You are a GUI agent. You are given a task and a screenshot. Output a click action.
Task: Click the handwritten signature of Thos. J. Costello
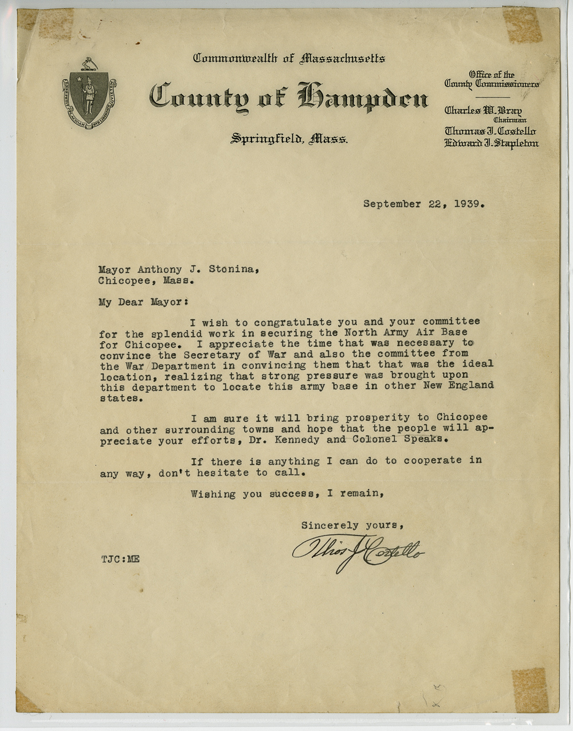click(x=358, y=551)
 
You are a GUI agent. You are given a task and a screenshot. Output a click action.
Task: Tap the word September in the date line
click(x=392, y=204)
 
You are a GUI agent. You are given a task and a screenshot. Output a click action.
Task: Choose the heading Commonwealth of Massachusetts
click(x=289, y=58)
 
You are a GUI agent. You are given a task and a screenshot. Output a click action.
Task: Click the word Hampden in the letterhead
click(x=363, y=97)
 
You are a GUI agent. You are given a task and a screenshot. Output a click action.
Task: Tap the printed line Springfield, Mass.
click(x=289, y=139)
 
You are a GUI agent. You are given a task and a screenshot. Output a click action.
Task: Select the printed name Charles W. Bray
click(x=483, y=110)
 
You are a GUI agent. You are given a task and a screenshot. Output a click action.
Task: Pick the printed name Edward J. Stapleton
click(x=491, y=143)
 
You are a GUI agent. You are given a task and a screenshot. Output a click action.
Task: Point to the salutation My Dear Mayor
click(x=143, y=302)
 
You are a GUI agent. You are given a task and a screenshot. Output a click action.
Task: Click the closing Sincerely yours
click(x=353, y=525)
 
